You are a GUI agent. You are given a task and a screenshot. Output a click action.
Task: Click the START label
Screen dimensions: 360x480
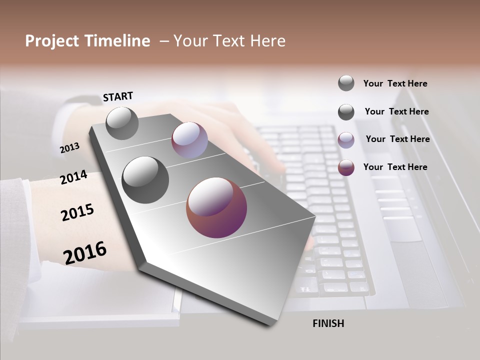point(118,96)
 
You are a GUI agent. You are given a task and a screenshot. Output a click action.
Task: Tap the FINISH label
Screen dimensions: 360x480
point(328,323)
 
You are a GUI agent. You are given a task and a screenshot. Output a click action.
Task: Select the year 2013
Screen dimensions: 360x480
point(69,148)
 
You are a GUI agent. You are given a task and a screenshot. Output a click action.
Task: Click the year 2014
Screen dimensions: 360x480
point(73,177)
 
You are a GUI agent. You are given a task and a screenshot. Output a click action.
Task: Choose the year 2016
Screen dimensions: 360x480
point(85,252)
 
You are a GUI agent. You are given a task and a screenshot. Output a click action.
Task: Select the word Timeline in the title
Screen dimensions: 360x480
point(118,41)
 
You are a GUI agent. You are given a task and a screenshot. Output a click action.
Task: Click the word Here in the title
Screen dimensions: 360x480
point(267,41)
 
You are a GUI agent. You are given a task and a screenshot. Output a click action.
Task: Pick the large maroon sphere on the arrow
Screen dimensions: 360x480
point(216,207)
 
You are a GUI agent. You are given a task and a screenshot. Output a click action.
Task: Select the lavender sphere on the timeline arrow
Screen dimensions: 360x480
point(189,140)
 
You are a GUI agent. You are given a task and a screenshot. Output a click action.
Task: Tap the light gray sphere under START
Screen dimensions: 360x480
point(122,123)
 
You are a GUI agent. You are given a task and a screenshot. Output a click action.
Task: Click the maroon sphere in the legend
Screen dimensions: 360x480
point(346,167)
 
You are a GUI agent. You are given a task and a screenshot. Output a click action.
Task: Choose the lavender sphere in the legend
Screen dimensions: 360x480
point(346,140)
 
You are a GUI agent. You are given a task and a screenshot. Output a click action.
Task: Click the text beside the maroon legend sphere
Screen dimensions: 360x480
point(395,167)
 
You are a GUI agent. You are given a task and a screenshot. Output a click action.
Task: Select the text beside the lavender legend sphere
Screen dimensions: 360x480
point(397,139)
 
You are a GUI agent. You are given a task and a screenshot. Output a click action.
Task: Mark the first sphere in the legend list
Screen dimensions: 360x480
point(346,83)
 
